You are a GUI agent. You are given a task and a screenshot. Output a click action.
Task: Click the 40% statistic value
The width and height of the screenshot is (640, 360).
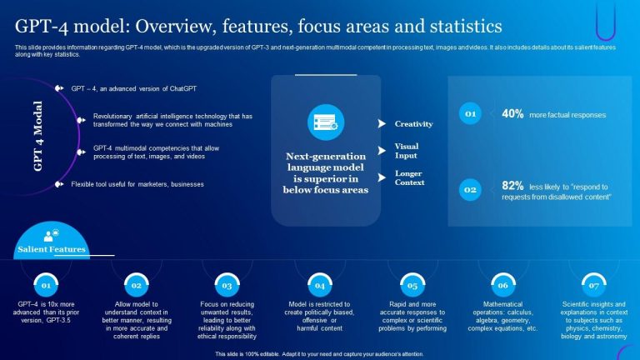(512, 114)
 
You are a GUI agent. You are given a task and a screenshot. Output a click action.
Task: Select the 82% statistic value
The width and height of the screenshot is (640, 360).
(512, 186)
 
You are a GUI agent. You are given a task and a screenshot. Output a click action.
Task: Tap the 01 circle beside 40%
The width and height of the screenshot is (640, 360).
(471, 114)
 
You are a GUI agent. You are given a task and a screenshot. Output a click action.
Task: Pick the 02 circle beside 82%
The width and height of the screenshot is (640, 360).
(471, 189)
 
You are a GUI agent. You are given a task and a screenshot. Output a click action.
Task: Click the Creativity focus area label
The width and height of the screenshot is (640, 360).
(413, 124)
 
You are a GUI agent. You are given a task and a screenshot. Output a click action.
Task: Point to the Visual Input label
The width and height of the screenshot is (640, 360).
(407, 150)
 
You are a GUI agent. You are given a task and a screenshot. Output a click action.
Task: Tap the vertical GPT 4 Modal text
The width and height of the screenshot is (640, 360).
(37, 137)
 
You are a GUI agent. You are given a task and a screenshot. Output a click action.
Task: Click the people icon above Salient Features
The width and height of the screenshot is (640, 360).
(51, 236)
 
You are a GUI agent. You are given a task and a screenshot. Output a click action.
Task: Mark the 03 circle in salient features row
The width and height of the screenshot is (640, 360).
(226, 285)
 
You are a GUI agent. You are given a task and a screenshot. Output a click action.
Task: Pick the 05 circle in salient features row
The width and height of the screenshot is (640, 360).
(408, 285)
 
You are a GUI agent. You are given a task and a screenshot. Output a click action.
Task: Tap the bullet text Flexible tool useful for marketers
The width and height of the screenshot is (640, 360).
(137, 183)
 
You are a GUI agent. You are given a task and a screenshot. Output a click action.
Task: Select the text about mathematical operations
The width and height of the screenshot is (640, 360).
(502, 317)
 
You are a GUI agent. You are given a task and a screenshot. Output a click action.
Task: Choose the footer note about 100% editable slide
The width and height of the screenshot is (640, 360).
(319, 353)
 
